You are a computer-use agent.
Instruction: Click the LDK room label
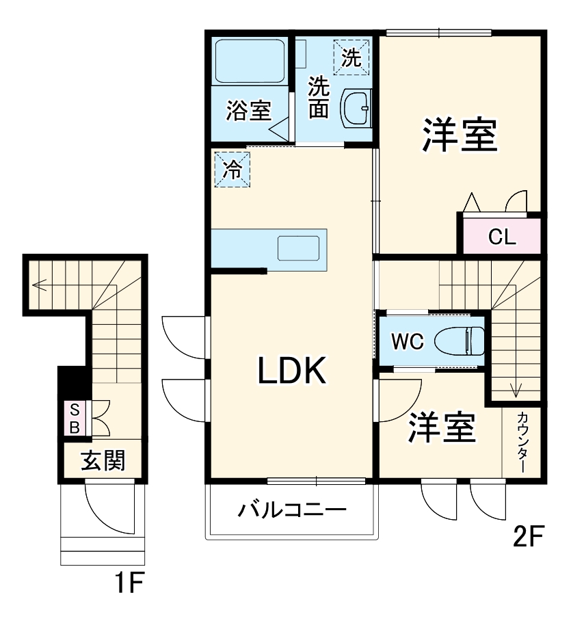292,371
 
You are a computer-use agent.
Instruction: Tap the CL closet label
502,237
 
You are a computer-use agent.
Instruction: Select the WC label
408,341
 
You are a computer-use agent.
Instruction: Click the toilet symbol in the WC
460,341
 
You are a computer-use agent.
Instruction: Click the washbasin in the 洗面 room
356,108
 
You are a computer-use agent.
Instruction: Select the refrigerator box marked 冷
233,170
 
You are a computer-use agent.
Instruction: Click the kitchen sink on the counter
299,248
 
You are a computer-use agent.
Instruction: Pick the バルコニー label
292,510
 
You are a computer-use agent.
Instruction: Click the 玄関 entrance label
103,460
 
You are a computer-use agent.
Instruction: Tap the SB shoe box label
75,419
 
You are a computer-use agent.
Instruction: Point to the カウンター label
522,442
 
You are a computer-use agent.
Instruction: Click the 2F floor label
529,536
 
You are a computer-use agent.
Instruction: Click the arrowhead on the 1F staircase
39,285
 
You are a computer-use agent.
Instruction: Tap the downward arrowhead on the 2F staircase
515,392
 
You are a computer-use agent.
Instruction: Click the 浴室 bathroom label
249,111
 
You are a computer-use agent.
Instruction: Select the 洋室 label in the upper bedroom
460,134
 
